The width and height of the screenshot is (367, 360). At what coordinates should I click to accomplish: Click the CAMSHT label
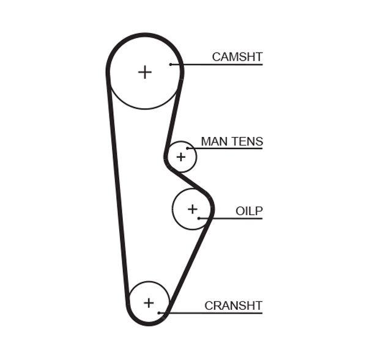pyautogui.click(x=237, y=57)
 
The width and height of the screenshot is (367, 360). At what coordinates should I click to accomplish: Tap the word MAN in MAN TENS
pyautogui.click(x=213, y=142)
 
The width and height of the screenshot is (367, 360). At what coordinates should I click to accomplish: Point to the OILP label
pyautogui.click(x=249, y=211)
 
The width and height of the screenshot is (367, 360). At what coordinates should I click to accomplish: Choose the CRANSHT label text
pyautogui.click(x=233, y=306)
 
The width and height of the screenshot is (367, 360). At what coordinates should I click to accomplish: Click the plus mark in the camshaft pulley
pyautogui.click(x=144, y=72)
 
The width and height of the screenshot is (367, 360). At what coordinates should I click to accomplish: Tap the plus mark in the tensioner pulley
pyautogui.click(x=180, y=157)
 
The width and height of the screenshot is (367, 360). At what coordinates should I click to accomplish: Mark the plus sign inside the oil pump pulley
pyautogui.click(x=193, y=209)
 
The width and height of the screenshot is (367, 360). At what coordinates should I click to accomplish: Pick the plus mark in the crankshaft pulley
pyautogui.click(x=149, y=303)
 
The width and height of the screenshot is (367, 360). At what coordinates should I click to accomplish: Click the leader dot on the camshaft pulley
pyautogui.click(x=171, y=64)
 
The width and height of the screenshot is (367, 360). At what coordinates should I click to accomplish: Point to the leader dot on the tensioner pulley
pyautogui.click(x=187, y=149)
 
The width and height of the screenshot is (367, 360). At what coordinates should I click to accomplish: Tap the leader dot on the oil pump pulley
pyautogui.click(x=199, y=218)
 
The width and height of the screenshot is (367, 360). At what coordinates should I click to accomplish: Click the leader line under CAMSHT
pyautogui.click(x=220, y=64)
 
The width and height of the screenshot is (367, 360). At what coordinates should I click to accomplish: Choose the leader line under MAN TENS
pyautogui.click(x=226, y=149)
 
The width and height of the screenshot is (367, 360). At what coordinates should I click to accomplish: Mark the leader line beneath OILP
pyautogui.click(x=232, y=218)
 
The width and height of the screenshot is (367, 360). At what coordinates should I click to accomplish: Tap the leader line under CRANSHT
pyautogui.click(x=214, y=313)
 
